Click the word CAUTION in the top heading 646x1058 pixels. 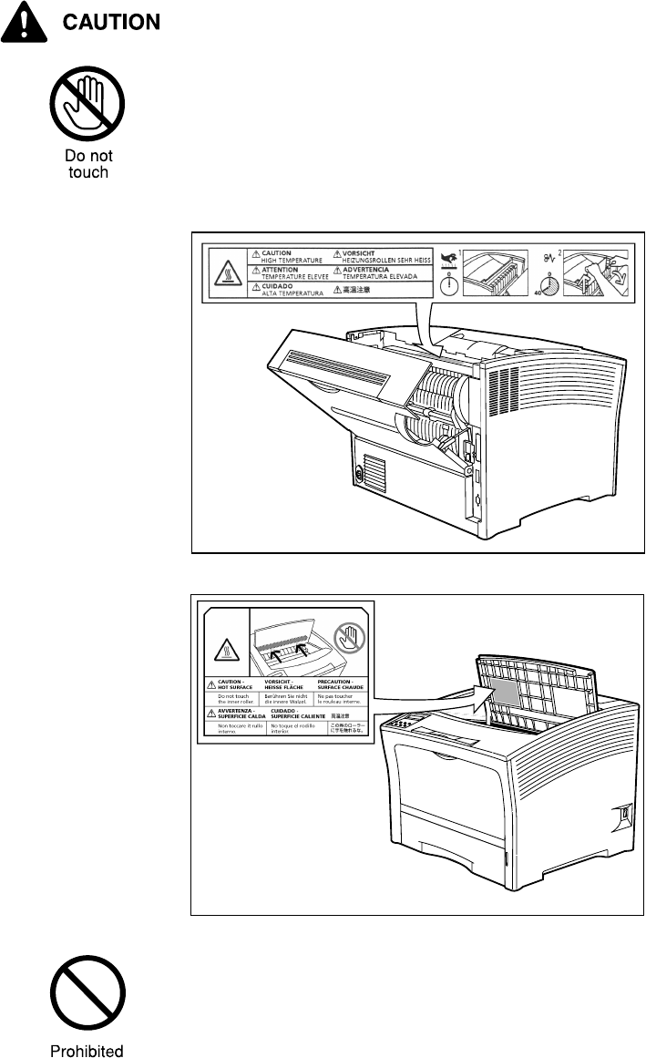(x=111, y=22)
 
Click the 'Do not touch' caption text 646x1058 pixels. (x=88, y=164)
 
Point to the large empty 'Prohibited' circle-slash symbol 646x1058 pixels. (x=87, y=1000)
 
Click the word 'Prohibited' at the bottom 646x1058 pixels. (x=87, y=1051)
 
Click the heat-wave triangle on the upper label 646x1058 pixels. (x=227, y=272)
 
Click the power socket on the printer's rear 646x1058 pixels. (x=358, y=476)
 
